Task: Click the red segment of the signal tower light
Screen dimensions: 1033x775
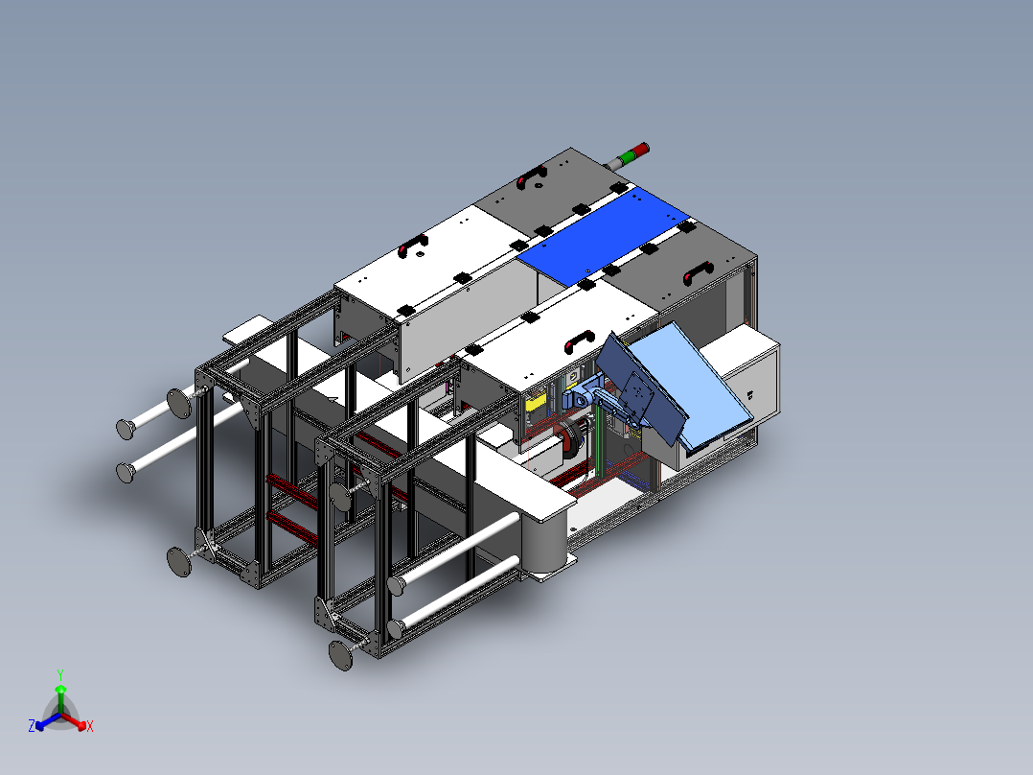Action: pos(641,150)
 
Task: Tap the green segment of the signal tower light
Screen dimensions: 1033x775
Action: pos(629,155)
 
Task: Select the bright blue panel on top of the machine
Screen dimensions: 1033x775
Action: pos(603,235)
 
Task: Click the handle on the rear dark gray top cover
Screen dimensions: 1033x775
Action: pos(532,176)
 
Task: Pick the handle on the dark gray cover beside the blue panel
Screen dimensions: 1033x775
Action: pos(699,271)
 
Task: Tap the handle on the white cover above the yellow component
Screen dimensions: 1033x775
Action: pos(580,342)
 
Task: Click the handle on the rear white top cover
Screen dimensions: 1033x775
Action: pos(413,246)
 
